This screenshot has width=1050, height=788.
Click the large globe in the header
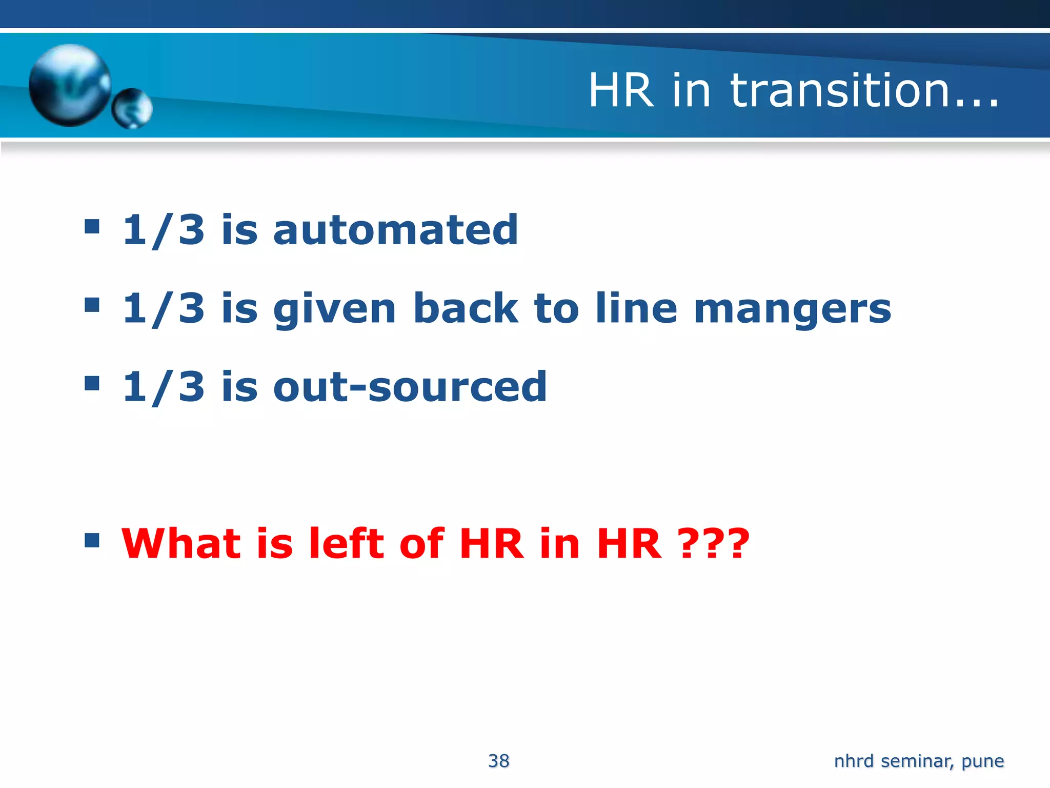point(70,85)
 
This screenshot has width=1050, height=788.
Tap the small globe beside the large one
point(132,108)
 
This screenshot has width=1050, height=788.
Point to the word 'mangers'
point(792,309)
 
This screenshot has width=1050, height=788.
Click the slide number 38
point(499,761)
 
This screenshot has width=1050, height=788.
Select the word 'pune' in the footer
point(982,761)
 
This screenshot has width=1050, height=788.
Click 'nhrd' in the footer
point(854,761)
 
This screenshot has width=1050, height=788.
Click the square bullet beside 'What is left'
point(92,540)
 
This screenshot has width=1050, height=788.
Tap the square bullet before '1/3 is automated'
point(92,226)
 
